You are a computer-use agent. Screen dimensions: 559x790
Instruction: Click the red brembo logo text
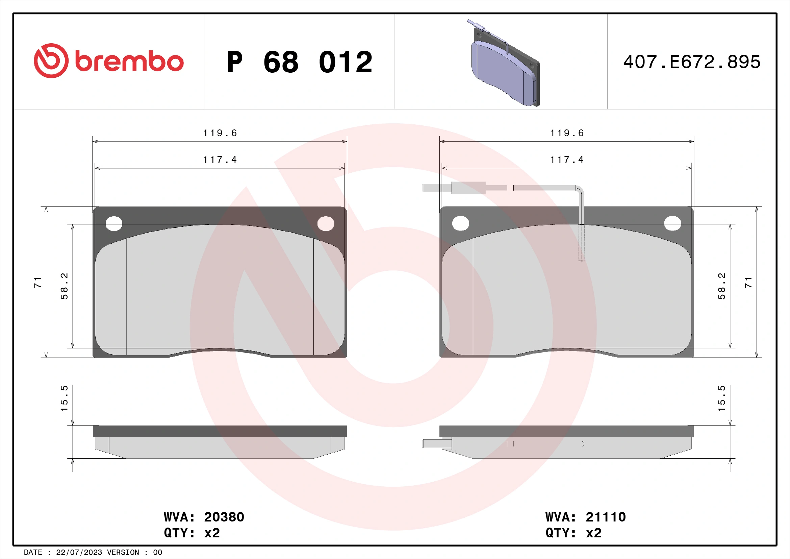coord(129,62)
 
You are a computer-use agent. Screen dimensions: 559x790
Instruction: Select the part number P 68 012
coord(299,62)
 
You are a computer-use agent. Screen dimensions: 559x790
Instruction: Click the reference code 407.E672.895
coord(692,62)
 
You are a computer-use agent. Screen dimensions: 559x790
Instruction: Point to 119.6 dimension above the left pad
coord(220,133)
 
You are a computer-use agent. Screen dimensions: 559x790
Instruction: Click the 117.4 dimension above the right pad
coord(567,160)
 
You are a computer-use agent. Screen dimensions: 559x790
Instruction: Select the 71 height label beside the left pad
coord(37,282)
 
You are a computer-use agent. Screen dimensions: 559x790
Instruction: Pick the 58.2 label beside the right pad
coord(721,286)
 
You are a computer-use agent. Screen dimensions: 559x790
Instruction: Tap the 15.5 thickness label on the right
coord(721,398)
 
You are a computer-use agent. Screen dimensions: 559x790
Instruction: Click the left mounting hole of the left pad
coord(114,224)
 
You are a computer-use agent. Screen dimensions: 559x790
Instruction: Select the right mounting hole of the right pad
coord(672,223)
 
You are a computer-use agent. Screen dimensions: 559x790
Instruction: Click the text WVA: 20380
coord(204,517)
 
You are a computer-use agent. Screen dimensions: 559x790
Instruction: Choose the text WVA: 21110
coord(585,517)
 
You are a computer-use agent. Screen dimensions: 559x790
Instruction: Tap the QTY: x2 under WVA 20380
coord(192,533)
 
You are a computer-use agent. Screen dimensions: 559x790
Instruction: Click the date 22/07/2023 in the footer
coord(79,553)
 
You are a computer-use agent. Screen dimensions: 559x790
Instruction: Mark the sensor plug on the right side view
coord(437,444)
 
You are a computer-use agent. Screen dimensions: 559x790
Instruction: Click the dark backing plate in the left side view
coord(220,431)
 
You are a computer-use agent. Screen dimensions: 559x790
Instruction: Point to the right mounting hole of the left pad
coord(326,224)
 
